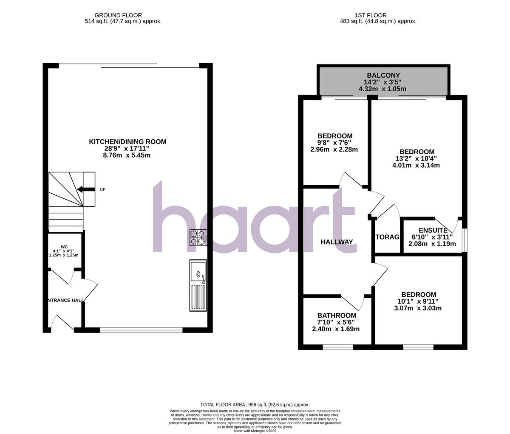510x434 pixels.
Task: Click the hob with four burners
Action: [x=198, y=238]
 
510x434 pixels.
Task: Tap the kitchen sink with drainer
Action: [x=198, y=285]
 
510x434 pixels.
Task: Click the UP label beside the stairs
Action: [x=102, y=189]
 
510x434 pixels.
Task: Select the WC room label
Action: [x=64, y=247]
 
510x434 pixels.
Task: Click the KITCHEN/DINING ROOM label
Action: [x=127, y=142]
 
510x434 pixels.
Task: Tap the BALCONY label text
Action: [x=383, y=76]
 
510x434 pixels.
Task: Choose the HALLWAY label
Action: [x=337, y=242]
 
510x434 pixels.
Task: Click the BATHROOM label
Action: [x=337, y=316]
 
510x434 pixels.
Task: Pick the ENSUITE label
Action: [x=433, y=231]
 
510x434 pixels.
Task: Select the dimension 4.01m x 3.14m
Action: [x=416, y=166]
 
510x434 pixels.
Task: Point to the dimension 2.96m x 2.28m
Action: [x=334, y=149]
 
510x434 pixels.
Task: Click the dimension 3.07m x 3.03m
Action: [x=418, y=308]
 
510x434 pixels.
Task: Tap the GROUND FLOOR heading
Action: [x=118, y=15]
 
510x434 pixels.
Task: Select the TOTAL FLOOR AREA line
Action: [x=255, y=405]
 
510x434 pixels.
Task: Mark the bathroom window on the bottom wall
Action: [x=338, y=347]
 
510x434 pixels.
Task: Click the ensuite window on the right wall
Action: [x=464, y=241]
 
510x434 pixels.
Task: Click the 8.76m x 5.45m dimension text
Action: [x=127, y=155]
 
